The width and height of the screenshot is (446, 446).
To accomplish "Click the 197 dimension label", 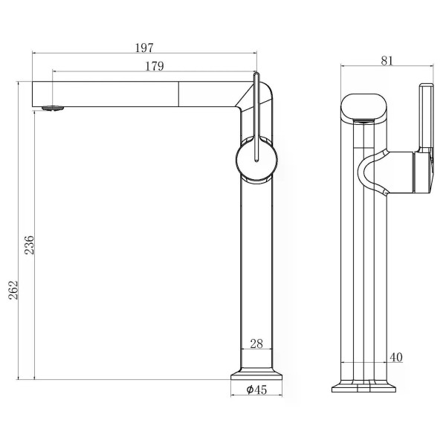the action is pos(144,48).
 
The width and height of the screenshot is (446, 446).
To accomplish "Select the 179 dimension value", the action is pos(155,66).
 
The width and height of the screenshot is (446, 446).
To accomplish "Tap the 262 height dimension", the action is pos(13,290).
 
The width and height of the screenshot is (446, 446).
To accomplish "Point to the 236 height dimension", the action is pos(29,245).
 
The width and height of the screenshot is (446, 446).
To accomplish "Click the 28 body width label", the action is pos(256,344).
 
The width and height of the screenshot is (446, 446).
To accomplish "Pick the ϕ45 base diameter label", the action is pos(256,390).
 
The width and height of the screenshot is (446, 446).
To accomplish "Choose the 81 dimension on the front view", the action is pos(387,61).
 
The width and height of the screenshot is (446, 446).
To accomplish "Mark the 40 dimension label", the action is pos(396,358).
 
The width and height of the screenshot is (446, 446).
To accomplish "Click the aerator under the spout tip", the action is pos(53,108).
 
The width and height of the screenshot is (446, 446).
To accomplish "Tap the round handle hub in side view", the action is pos(256,160).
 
